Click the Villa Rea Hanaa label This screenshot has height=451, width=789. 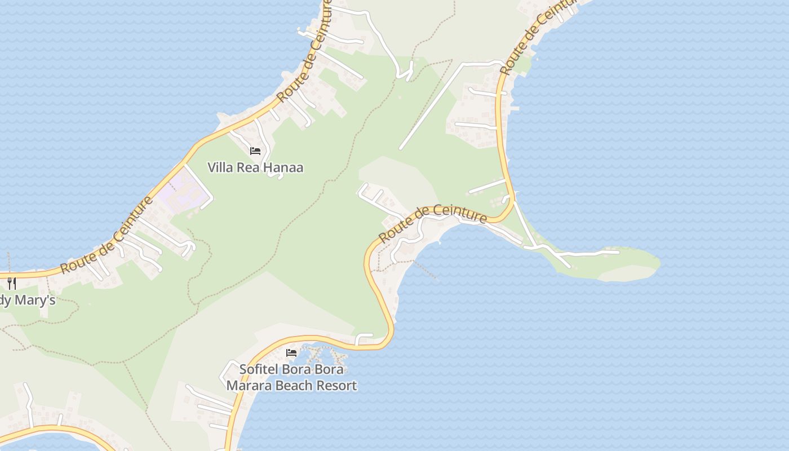tap(255, 167)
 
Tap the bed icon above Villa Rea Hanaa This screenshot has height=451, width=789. tap(255, 151)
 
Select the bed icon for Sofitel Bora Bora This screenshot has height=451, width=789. tap(291, 353)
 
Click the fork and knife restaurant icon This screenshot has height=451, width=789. tap(12, 283)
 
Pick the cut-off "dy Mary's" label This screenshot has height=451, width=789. tap(27, 300)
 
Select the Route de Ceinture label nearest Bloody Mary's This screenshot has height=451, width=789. tap(107, 235)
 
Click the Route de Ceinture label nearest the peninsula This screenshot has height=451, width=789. tap(433, 223)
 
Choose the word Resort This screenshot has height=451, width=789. tap(336, 386)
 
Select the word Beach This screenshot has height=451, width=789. tap(295, 386)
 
